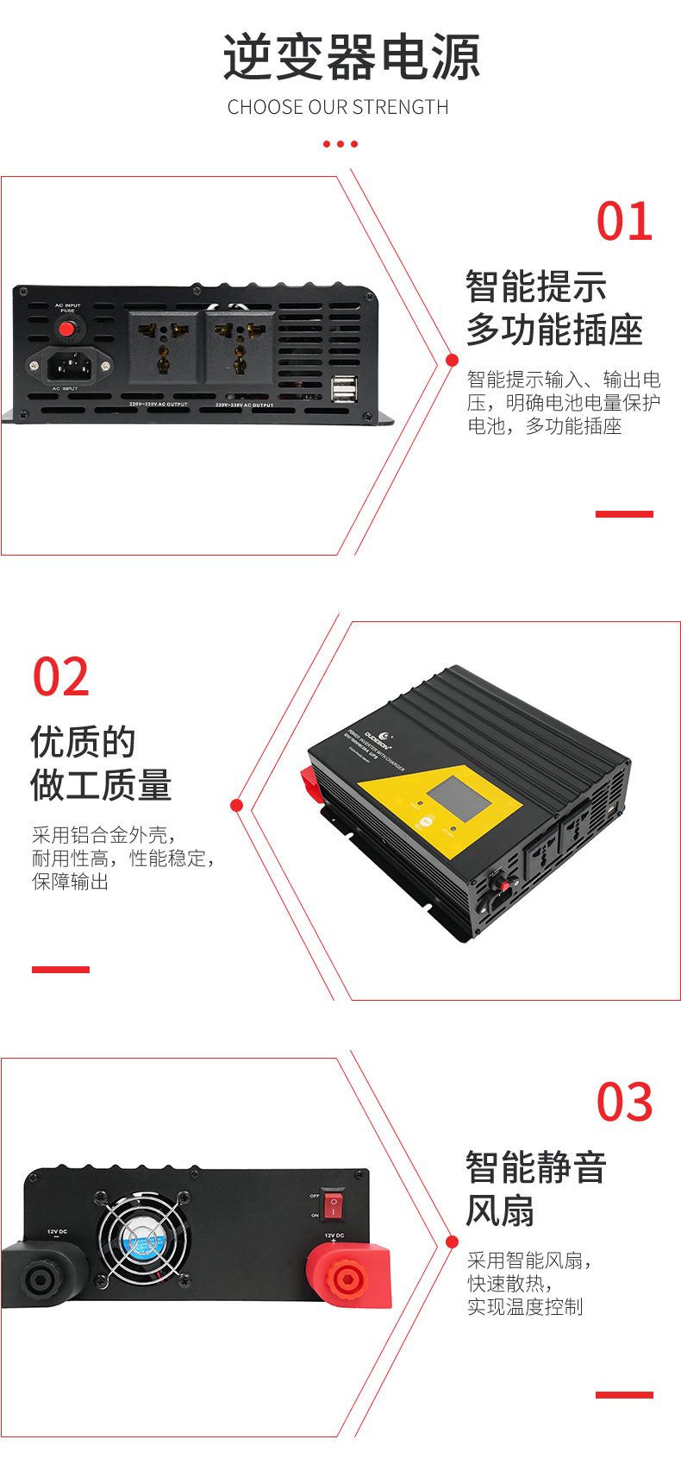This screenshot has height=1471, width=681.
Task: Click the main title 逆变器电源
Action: (x=351, y=59)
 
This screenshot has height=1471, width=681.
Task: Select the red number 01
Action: (x=625, y=223)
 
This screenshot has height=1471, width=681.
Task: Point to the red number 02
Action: (x=61, y=677)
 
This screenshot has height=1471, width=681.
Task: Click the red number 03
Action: (x=625, y=1103)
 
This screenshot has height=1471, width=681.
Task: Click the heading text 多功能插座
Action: (x=554, y=330)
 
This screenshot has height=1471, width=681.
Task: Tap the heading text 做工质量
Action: (x=101, y=786)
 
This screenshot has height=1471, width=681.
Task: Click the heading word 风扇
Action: (x=500, y=1211)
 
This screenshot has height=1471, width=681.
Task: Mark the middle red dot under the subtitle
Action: (x=340, y=144)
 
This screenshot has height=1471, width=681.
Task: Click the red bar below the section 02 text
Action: (x=60, y=969)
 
